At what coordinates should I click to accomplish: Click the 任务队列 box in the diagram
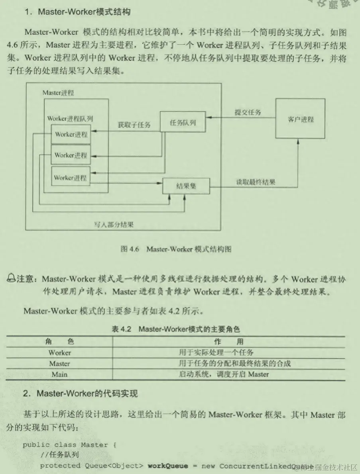pos(183,121)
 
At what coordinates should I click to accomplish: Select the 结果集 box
pos(186,185)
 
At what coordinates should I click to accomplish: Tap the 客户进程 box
pos(300,119)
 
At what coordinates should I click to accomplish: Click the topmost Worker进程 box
pos(71,134)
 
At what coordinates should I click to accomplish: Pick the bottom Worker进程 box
pos(70,178)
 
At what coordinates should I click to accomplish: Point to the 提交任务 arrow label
pos(248,112)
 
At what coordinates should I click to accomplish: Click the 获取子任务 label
pos(134,125)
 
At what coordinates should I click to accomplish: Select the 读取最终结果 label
pos(255,182)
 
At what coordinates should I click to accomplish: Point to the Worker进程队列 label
pos(70,118)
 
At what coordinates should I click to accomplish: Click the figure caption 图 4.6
pos(175,249)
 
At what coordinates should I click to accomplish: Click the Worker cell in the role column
pos(60,353)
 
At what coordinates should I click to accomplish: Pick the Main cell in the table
pos(59,374)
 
